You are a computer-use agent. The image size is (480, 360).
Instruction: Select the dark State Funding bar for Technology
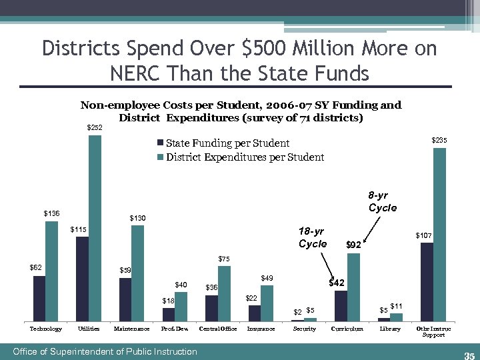pos(39,299)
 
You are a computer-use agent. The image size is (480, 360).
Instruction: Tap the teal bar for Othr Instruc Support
pos(439,234)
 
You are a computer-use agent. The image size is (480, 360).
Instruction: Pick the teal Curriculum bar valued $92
pos(353,287)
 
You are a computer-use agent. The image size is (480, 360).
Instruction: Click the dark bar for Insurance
pos(255,313)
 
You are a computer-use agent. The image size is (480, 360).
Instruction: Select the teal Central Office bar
pos(224,293)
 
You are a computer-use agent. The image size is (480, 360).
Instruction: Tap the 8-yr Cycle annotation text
pos(383,201)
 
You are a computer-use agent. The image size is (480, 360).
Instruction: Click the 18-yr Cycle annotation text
pos(313,237)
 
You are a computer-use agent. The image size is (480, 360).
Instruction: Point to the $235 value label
pos(439,140)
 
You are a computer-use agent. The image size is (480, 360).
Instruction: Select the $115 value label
pos(79,230)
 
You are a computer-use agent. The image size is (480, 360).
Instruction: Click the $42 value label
pos(337,283)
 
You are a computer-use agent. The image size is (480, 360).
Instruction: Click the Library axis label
pos(390,329)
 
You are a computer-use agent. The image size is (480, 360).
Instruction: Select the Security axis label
pos(305,329)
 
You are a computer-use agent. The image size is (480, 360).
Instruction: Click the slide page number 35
pos(468,354)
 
